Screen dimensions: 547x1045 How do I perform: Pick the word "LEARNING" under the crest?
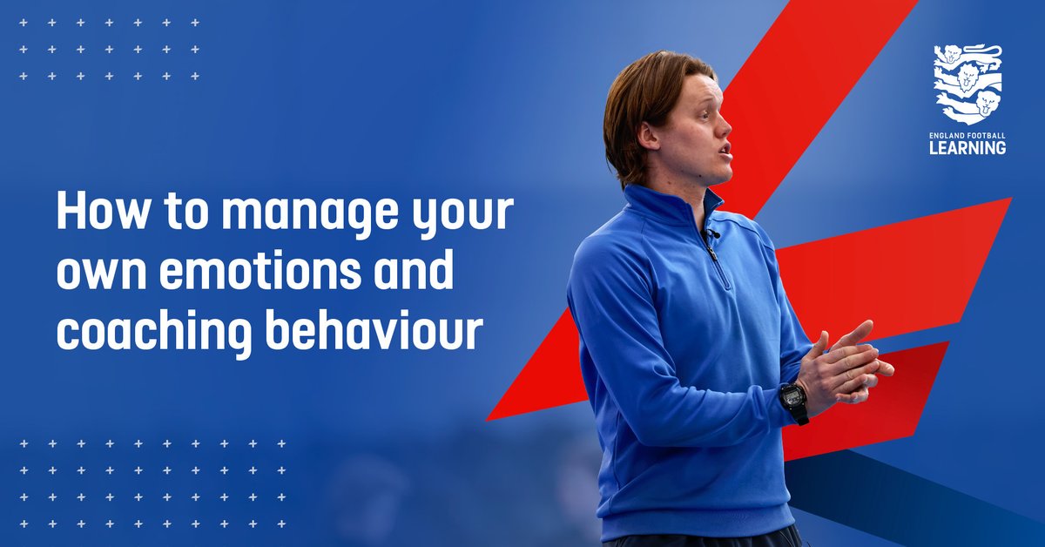point(968,149)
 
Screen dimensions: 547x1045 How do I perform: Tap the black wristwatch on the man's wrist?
point(792,401)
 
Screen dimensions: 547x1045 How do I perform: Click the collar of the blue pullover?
point(671,209)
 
